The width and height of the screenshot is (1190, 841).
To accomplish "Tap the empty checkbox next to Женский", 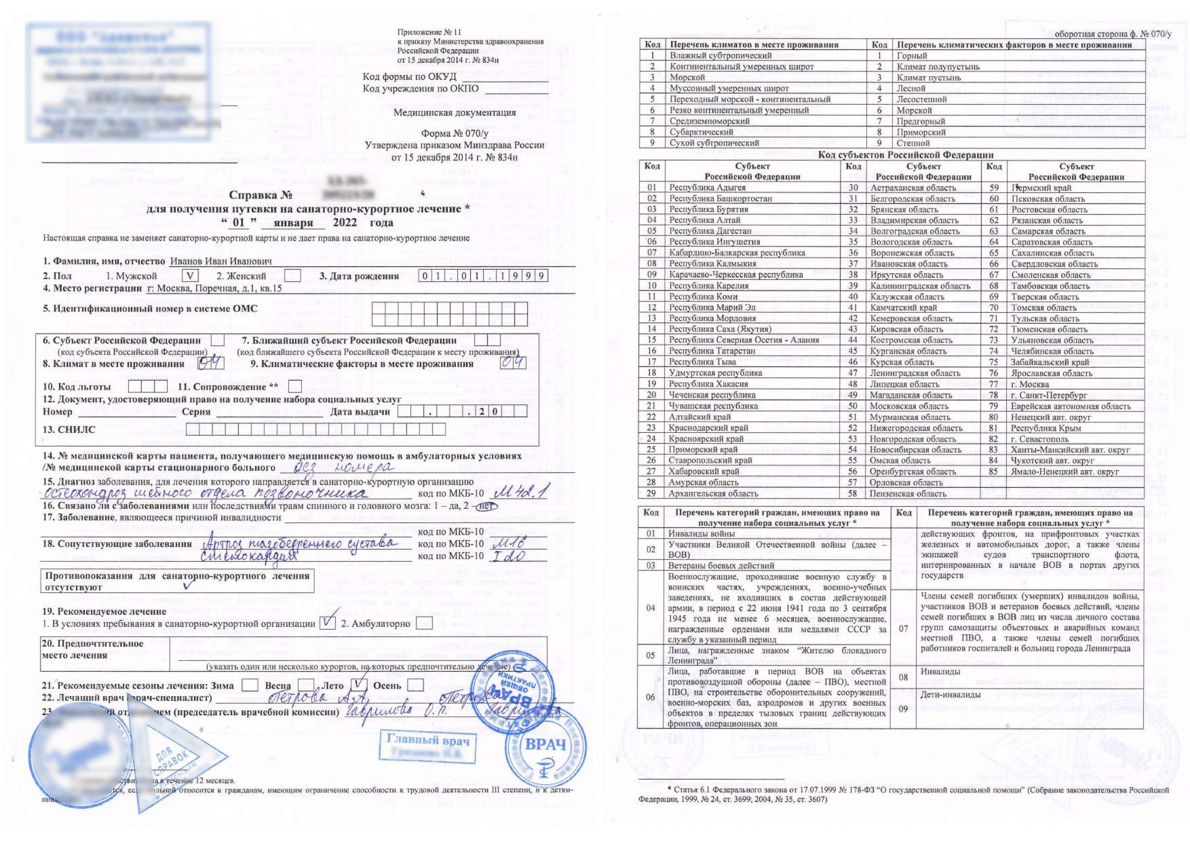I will pyautogui.click(x=293, y=276).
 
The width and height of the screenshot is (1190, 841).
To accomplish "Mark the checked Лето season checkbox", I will pyautogui.click(x=359, y=685).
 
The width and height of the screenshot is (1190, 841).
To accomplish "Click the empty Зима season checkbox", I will pyautogui.click(x=250, y=685).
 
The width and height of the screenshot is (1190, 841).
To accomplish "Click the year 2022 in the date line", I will pyautogui.click(x=345, y=223).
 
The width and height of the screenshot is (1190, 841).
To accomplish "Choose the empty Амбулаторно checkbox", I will pyautogui.click(x=424, y=623).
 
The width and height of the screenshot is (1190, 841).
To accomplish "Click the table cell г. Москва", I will pyautogui.click(x=1030, y=384).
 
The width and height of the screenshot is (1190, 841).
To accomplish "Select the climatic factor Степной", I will pyautogui.click(x=913, y=143).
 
